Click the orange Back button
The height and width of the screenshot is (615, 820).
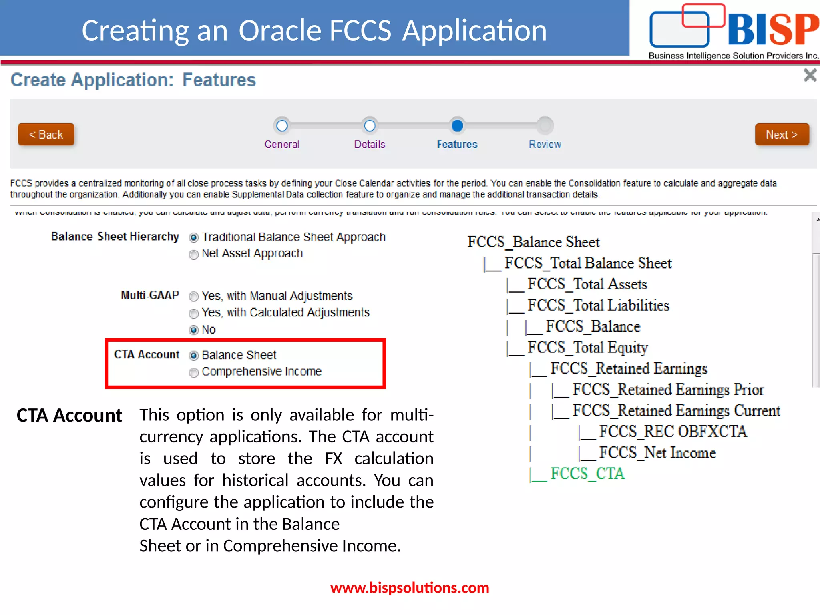(x=46, y=135)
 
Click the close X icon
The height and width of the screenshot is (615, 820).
(x=810, y=75)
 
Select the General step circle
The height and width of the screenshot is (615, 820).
(x=282, y=126)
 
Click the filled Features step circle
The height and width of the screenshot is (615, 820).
(x=457, y=126)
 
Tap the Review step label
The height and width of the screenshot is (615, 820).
(x=545, y=145)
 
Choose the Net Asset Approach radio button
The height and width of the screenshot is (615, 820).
(x=194, y=255)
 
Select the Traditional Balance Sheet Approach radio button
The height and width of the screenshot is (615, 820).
(x=194, y=238)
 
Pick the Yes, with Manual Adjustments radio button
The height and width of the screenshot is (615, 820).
(x=194, y=297)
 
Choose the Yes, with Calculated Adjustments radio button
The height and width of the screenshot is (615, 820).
(x=194, y=313)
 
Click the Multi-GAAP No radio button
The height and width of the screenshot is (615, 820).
(x=194, y=330)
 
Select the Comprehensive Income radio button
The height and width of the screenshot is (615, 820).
(x=194, y=373)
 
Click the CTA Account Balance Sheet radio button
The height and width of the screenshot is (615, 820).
(x=194, y=356)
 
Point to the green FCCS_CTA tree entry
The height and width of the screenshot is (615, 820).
(x=587, y=474)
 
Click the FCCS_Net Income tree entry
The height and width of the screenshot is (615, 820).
(x=657, y=453)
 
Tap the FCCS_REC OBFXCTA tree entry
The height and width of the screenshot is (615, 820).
(x=673, y=432)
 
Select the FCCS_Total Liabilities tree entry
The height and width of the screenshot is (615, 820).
(x=598, y=305)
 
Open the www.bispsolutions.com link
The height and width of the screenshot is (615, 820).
(x=410, y=588)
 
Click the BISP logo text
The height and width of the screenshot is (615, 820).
(x=772, y=30)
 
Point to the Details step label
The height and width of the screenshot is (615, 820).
(x=370, y=145)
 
